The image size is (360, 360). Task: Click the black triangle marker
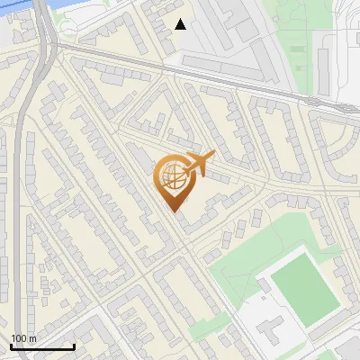(181, 24)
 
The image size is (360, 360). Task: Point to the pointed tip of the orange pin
(173, 211)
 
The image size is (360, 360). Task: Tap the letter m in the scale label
(32, 338)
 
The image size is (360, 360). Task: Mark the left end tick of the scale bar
(11, 346)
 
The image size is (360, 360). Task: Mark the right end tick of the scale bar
(74, 346)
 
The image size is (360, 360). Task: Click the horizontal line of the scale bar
(42, 347)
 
